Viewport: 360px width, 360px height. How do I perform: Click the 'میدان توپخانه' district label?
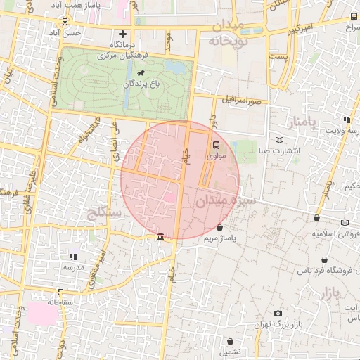pos(224,33)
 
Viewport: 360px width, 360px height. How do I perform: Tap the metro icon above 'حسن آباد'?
pos(65,22)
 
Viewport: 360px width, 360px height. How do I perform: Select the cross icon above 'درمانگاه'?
pos(122,34)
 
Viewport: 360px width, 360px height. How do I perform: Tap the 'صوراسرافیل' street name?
pos(243,100)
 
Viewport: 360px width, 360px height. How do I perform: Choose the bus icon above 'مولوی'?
pos(216,146)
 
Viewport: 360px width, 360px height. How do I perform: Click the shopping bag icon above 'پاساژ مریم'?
pos(221,228)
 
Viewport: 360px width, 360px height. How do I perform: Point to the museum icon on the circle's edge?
pos(162,236)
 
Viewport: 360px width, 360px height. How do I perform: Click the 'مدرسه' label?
pos(74,267)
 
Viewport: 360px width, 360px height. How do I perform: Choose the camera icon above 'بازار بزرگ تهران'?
pos(278,313)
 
